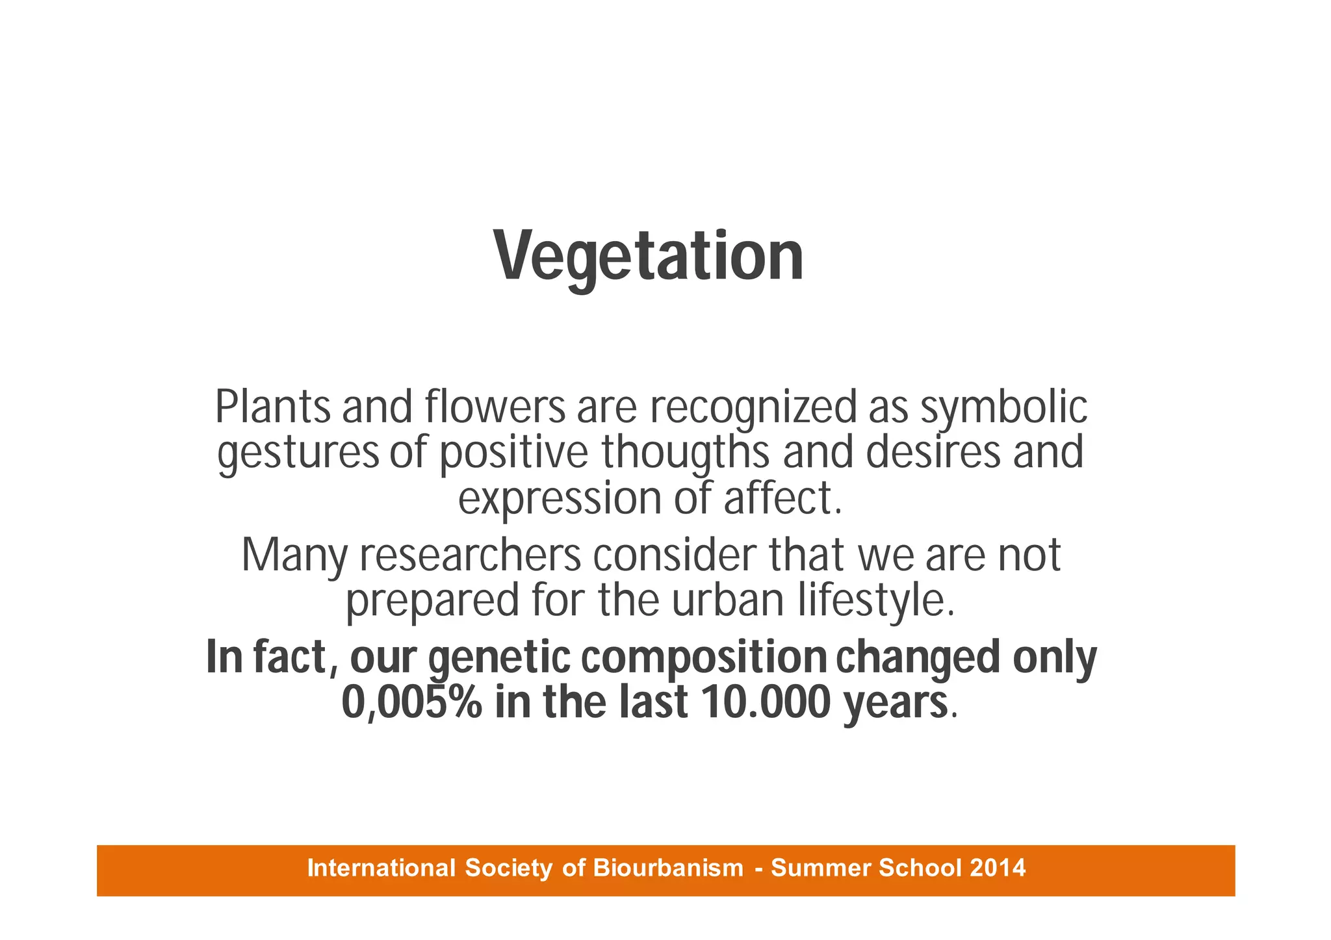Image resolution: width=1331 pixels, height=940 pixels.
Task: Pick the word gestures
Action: point(298,453)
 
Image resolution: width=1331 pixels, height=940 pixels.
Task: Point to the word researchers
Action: point(469,555)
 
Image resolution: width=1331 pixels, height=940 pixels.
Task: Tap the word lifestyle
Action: point(877,600)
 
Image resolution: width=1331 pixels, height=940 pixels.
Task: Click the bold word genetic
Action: point(499,657)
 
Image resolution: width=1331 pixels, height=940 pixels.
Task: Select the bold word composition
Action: point(703,657)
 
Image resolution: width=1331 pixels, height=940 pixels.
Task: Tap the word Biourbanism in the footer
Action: point(668,868)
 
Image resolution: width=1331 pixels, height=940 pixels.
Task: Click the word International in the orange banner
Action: point(381,868)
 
